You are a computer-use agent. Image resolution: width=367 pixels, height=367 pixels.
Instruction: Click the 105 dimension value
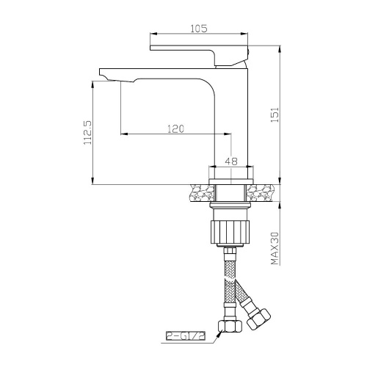198,29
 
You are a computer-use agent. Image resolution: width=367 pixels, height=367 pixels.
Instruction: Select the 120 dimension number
175,128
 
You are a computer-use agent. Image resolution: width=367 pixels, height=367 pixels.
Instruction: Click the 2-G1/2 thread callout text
187,336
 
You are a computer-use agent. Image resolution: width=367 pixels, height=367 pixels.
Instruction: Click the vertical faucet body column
231,125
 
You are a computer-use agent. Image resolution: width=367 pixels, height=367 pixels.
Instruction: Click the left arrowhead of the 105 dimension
153,34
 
